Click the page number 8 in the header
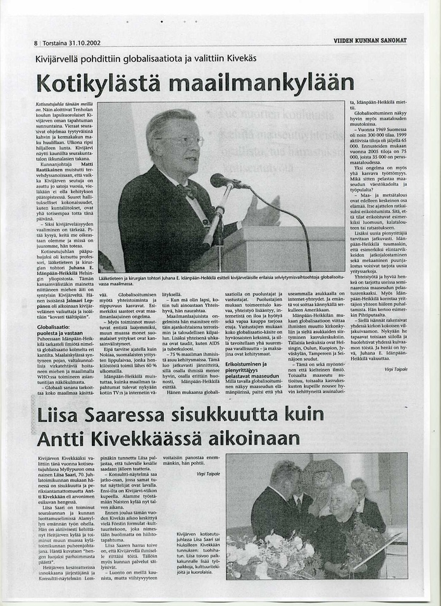click(36, 43)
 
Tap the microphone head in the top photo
click(222, 181)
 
